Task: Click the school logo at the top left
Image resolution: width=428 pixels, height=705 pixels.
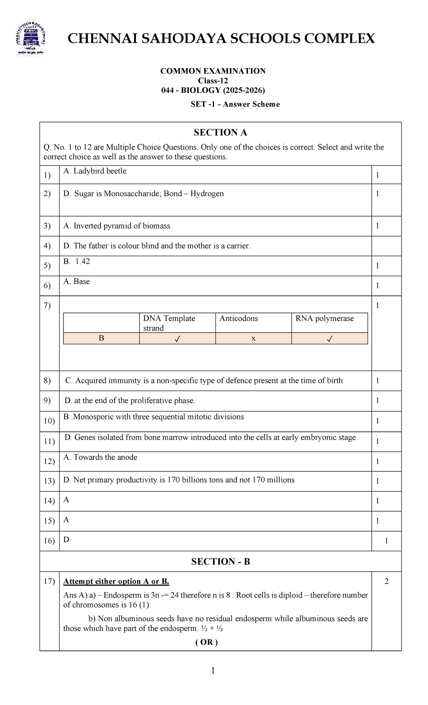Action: click(x=30, y=39)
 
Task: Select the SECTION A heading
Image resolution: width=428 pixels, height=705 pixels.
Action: click(x=220, y=133)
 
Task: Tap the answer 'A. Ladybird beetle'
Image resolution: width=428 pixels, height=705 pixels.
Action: click(x=95, y=171)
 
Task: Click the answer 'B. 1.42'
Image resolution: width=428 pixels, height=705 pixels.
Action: click(x=77, y=262)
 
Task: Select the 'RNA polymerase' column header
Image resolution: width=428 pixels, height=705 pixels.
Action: click(x=325, y=319)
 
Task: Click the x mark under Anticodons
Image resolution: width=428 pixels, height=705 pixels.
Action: click(x=253, y=338)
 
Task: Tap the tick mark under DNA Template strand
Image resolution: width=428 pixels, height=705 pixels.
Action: click(x=177, y=339)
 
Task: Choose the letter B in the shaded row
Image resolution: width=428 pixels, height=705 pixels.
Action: click(x=101, y=338)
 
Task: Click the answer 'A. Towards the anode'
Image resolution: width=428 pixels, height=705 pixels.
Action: click(x=100, y=457)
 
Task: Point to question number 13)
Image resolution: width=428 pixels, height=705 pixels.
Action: click(x=49, y=481)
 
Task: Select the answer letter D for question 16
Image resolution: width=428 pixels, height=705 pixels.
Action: click(x=66, y=540)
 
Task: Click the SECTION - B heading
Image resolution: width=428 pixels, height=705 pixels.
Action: click(x=220, y=562)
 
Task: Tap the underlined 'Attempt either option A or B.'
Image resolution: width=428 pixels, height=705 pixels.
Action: click(x=116, y=582)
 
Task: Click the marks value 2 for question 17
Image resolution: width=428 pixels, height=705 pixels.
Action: click(x=387, y=582)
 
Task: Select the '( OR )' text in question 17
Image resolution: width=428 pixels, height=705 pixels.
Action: click(x=207, y=643)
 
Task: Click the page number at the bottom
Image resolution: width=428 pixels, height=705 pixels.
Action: click(x=213, y=671)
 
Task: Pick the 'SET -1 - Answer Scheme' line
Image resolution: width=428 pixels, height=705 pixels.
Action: click(x=235, y=104)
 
